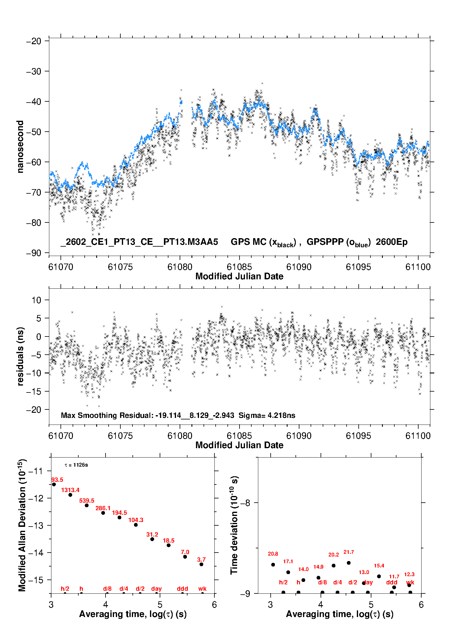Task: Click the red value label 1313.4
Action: (x=70, y=490)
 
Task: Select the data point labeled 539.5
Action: (x=87, y=505)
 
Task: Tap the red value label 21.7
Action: (x=349, y=552)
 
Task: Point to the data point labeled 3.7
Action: (x=201, y=564)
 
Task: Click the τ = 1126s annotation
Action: (x=76, y=465)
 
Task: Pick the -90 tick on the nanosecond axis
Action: (x=34, y=253)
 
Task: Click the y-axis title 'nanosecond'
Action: (x=20, y=147)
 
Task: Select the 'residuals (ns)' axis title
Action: (x=20, y=356)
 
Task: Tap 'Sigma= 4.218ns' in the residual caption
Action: (x=267, y=415)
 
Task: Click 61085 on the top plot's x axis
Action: (x=239, y=267)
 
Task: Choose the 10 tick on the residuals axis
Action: (x=37, y=300)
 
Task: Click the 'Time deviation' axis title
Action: (x=234, y=525)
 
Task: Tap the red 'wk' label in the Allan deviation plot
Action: (x=202, y=589)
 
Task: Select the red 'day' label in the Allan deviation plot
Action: (x=156, y=589)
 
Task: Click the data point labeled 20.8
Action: (x=273, y=565)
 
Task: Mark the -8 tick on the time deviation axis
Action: (x=245, y=503)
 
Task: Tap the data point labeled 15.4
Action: (x=379, y=576)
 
